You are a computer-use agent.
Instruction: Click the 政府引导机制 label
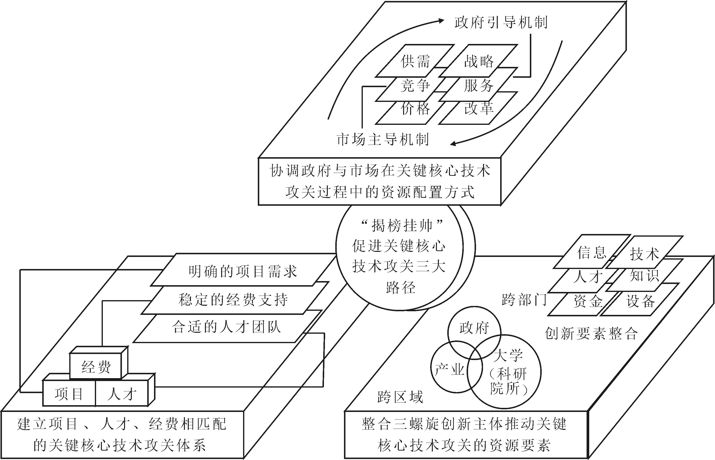point(501,23)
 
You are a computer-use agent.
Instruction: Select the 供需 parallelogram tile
point(415,61)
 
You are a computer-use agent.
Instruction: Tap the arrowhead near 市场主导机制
point(453,144)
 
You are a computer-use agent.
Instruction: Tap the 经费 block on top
point(96,367)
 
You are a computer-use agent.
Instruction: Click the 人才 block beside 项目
point(122,394)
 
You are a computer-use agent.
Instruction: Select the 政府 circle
point(474,328)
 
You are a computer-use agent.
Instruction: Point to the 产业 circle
point(449,370)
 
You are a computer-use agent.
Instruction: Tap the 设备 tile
point(640,302)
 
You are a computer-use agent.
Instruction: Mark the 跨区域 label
point(400,397)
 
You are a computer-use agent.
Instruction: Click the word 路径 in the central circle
point(400,288)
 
